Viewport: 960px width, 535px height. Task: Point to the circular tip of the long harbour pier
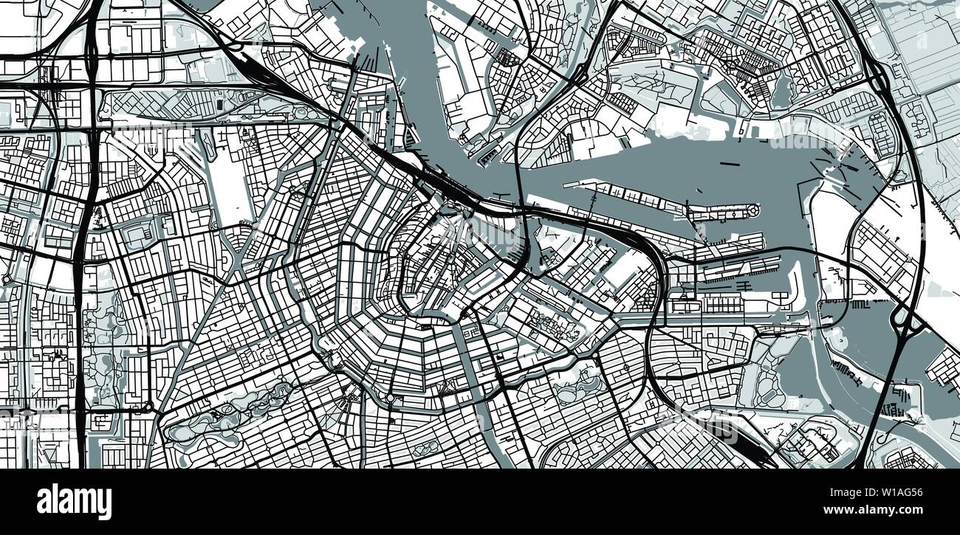point(754,212)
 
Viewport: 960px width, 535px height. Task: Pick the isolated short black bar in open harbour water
point(730,163)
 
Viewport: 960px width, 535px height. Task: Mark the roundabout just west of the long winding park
point(148,407)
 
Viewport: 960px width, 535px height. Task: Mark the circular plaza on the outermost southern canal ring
point(390,398)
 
